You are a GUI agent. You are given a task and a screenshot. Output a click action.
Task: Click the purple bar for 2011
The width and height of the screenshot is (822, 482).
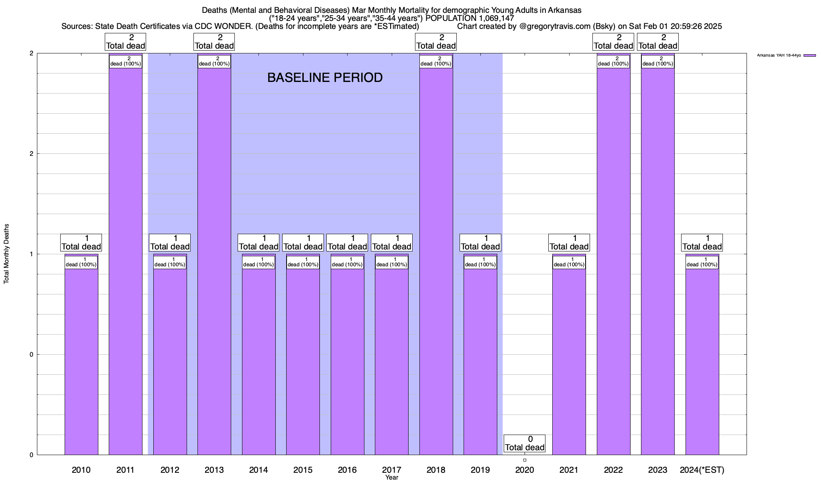coord(125,261)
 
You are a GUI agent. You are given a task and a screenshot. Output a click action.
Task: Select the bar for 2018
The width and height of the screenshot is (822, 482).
coord(436,261)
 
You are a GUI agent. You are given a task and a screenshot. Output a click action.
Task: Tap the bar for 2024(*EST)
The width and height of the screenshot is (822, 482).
coord(702,361)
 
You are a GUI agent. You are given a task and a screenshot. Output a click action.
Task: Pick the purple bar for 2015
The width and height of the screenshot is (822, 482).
coord(303,361)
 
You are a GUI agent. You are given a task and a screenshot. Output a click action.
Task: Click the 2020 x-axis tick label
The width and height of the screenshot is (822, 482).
coord(525,470)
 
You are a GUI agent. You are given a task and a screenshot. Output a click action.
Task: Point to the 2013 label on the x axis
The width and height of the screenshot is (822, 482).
coord(214,470)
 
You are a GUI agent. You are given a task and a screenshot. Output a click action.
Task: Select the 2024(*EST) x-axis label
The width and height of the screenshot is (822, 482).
coord(702,470)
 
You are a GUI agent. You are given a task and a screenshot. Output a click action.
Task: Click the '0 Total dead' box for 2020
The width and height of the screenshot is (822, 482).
coord(525,443)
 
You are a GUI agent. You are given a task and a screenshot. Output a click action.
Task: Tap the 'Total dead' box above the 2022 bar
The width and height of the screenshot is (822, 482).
coord(613,42)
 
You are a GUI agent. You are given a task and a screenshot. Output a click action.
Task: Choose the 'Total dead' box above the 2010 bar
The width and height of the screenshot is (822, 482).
coord(81,243)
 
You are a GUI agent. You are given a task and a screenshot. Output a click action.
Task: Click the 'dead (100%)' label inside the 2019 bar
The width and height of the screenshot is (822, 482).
coord(480,262)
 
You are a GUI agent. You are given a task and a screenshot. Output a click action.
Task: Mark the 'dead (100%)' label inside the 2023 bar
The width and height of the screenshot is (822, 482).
coord(658,61)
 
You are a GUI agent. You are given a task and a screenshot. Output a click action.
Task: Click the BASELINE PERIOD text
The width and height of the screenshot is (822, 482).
coord(325,78)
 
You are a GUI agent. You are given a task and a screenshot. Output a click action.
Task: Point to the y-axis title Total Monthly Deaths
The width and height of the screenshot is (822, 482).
coord(6,254)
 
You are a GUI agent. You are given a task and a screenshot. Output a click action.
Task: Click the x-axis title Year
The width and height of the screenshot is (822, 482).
coord(392,478)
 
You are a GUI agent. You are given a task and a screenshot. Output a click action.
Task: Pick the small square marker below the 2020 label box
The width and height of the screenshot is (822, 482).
coord(525,460)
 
